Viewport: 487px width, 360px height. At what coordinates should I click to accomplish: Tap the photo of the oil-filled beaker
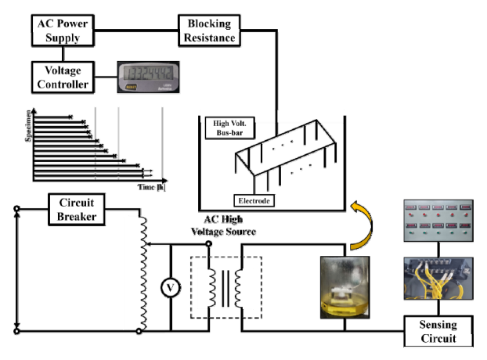(x=345, y=286)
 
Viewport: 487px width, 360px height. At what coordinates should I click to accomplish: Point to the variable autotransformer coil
(x=142, y=270)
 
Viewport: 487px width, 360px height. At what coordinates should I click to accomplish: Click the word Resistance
(x=209, y=35)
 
